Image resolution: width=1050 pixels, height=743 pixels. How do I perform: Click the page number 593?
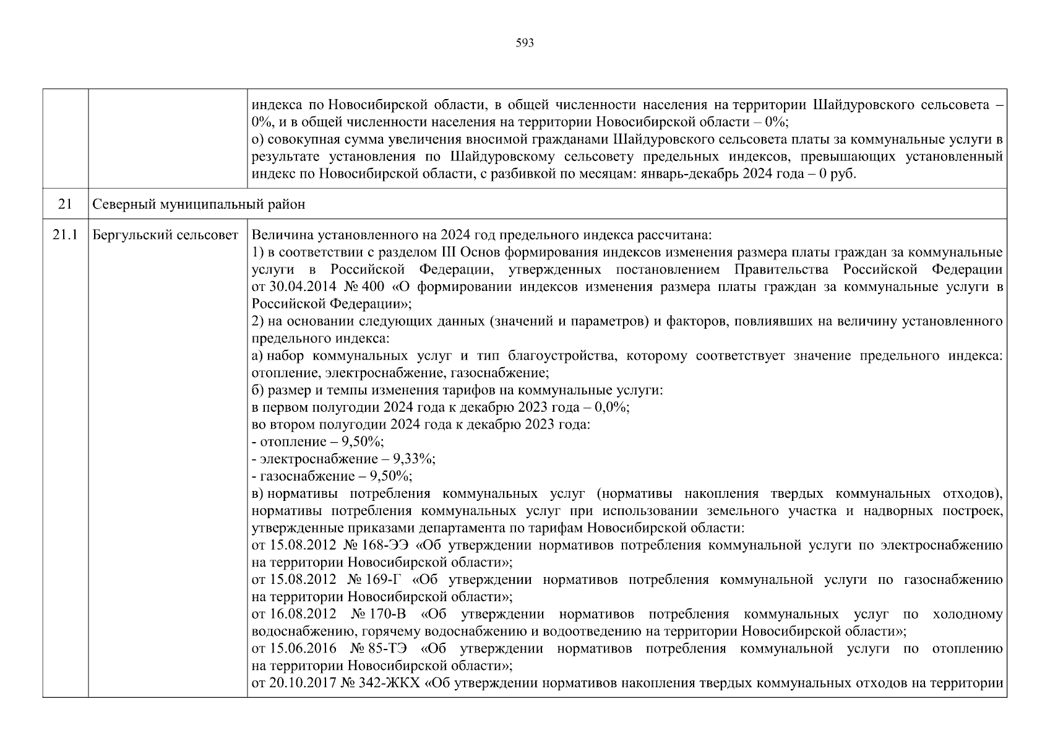525,43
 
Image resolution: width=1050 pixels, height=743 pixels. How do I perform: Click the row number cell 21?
65,204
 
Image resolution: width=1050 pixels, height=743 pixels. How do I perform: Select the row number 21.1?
65,235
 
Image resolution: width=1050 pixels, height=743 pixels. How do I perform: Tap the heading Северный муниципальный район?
198,204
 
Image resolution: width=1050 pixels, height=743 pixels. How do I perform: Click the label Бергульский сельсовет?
165,235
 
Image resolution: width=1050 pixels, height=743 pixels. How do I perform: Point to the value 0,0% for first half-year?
611,407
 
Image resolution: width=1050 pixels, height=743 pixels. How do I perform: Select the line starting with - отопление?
318,441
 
